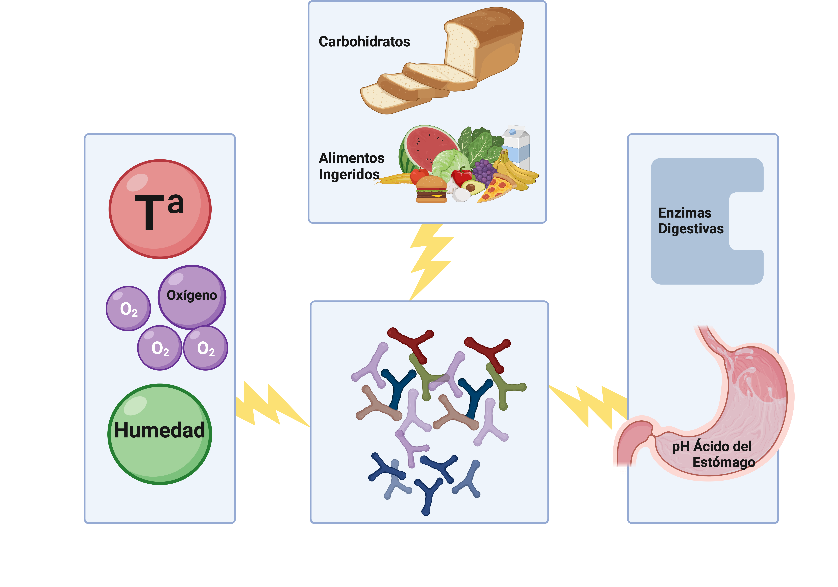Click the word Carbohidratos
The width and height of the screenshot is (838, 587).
pos(364,42)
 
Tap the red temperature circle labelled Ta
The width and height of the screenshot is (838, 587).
pos(160,209)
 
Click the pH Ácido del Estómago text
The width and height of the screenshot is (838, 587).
pos(712,454)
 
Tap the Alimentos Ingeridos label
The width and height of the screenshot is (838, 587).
pos(351,166)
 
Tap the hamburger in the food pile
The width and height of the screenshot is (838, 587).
pos(431,190)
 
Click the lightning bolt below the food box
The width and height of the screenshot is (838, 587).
pos(431,261)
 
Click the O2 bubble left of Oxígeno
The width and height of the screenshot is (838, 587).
pos(128,309)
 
